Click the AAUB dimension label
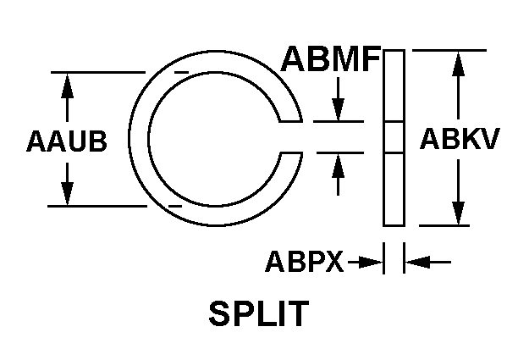coord(67,141)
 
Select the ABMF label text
coord(331,58)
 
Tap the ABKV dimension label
coord(459,138)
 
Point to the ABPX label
coord(305,261)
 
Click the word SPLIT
coord(259,313)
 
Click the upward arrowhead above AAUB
coord(67,86)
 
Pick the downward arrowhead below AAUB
coord(67,193)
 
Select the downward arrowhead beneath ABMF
coord(338,108)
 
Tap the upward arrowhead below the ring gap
coord(338,165)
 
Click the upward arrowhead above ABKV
coord(458,64)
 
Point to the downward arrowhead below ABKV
coord(458,213)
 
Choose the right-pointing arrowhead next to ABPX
coord(371,262)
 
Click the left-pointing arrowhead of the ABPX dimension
coord(417,262)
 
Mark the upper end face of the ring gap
coord(290,121)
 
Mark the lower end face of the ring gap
coord(290,153)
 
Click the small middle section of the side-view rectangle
coord(394,137)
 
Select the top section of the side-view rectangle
coord(394,86)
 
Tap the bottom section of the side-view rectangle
coord(394,189)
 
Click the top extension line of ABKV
coord(449,50)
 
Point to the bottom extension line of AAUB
coord(97,206)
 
